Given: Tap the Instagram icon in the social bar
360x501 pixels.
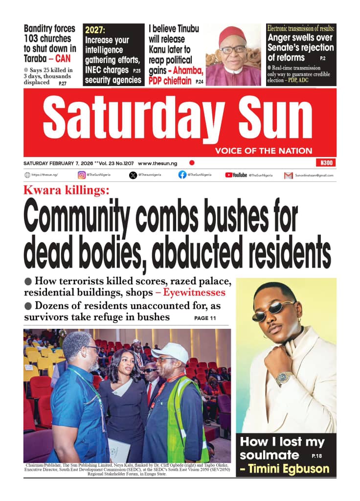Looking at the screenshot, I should click(x=81, y=175).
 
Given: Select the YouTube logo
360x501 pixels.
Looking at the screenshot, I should click(x=236, y=175).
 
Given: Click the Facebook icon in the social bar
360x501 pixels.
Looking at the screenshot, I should click(x=182, y=175).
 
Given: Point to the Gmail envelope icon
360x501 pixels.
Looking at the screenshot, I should click(x=289, y=175).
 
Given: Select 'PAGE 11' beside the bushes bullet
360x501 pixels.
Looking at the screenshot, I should click(x=205, y=319).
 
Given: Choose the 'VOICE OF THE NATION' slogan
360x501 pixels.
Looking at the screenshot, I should click(x=263, y=151).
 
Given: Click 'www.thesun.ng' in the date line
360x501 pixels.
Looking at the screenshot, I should click(x=158, y=163).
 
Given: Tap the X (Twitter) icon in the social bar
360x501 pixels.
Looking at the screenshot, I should click(x=133, y=175).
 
